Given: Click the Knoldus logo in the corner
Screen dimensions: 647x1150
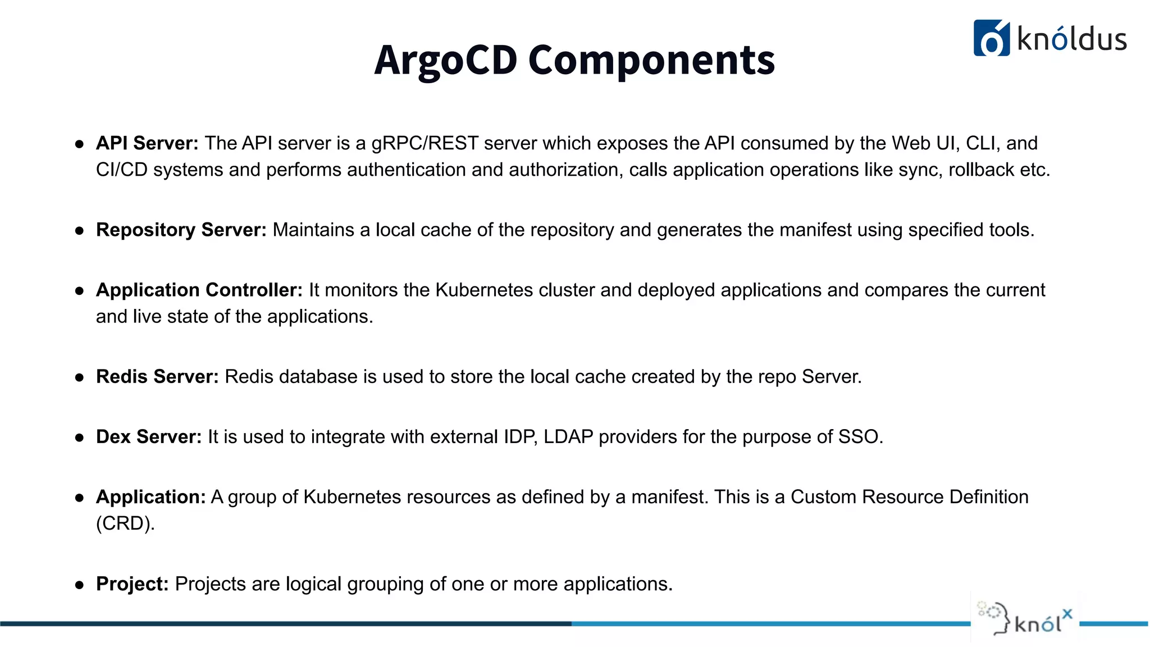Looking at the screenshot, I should (1049, 38).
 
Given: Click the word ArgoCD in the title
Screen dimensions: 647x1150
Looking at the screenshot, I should (445, 60).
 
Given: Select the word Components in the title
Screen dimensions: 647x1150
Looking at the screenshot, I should (651, 60).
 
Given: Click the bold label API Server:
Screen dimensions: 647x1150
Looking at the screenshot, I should (147, 143).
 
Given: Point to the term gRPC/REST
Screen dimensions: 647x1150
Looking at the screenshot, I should (425, 143).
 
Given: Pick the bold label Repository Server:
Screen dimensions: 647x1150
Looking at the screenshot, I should (181, 230).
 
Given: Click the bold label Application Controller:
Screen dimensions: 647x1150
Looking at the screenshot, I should (199, 290).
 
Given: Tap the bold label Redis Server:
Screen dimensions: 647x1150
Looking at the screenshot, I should (157, 376).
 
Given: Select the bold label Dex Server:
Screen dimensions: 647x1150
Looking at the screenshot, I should (148, 436).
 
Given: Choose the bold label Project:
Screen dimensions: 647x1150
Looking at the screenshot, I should (132, 584).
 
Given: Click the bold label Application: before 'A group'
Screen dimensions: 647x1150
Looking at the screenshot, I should (150, 496).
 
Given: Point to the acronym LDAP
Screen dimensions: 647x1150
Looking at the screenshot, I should (568, 436).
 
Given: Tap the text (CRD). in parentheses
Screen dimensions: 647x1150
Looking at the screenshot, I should (125, 523).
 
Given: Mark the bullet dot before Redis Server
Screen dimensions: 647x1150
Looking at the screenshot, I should (80, 377).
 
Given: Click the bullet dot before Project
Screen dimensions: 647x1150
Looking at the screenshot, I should (80, 585).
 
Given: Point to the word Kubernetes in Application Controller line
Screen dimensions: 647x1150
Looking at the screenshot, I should (484, 290).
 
